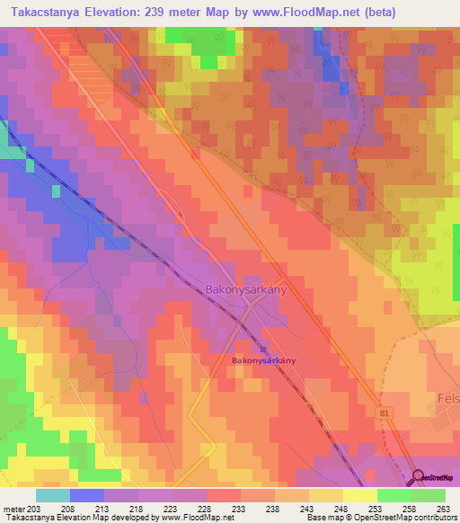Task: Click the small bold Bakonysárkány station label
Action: point(263,360)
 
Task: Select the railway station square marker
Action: point(263,350)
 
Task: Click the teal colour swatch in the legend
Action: point(52,494)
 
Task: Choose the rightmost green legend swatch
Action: point(428,494)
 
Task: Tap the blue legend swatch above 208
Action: point(86,494)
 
